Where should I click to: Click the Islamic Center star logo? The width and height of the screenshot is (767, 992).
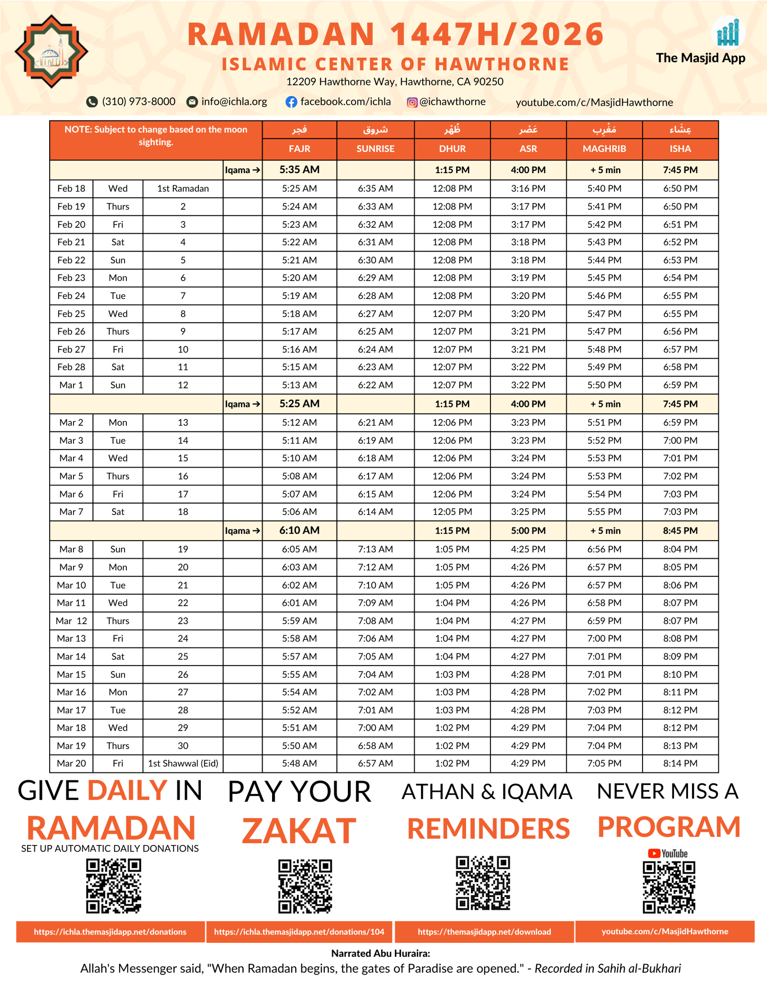pyautogui.click(x=51, y=51)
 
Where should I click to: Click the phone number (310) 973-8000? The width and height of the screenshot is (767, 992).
pyautogui.click(x=138, y=101)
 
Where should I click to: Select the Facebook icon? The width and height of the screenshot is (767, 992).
pyautogui.click(x=291, y=102)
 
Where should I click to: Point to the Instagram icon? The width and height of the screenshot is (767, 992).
pyautogui.click(x=412, y=102)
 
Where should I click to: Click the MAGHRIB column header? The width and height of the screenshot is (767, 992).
pyautogui.click(x=604, y=149)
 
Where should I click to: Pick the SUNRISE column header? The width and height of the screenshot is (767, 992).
pyautogui.click(x=375, y=149)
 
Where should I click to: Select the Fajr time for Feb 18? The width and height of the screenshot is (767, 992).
pyautogui.click(x=299, y=188)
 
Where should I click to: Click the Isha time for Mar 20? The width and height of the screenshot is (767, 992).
pyautogui.click(x=680, y=763)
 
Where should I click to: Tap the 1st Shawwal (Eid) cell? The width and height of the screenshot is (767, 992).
pyautogui.click(x=183, y=763)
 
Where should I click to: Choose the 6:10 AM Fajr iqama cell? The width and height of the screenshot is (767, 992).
pyautogui.click(x=299, y=530)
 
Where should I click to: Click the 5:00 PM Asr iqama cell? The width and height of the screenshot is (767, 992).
pyautogui.click(x=528, y=530)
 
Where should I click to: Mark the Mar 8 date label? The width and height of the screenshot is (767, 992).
pyautogui.click(x=71, y=549)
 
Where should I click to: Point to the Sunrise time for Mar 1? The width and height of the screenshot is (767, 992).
pyautogui.click(x=375, y=385)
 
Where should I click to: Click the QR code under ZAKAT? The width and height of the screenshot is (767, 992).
pyautogui.click(x=305, y=886)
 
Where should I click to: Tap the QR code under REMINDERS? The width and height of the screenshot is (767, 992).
pyautogui.click(x=483, y=883)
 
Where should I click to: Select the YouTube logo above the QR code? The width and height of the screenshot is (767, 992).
pyautogui.click(x=667, y=853)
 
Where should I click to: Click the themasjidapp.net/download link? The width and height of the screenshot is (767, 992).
pyautogui.click(x=484, y=932)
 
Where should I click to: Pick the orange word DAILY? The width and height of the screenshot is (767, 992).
pyautogui.click(x=127, y=790)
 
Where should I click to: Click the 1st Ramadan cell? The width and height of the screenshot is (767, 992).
pyautogui.click(x=183, y=188)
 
